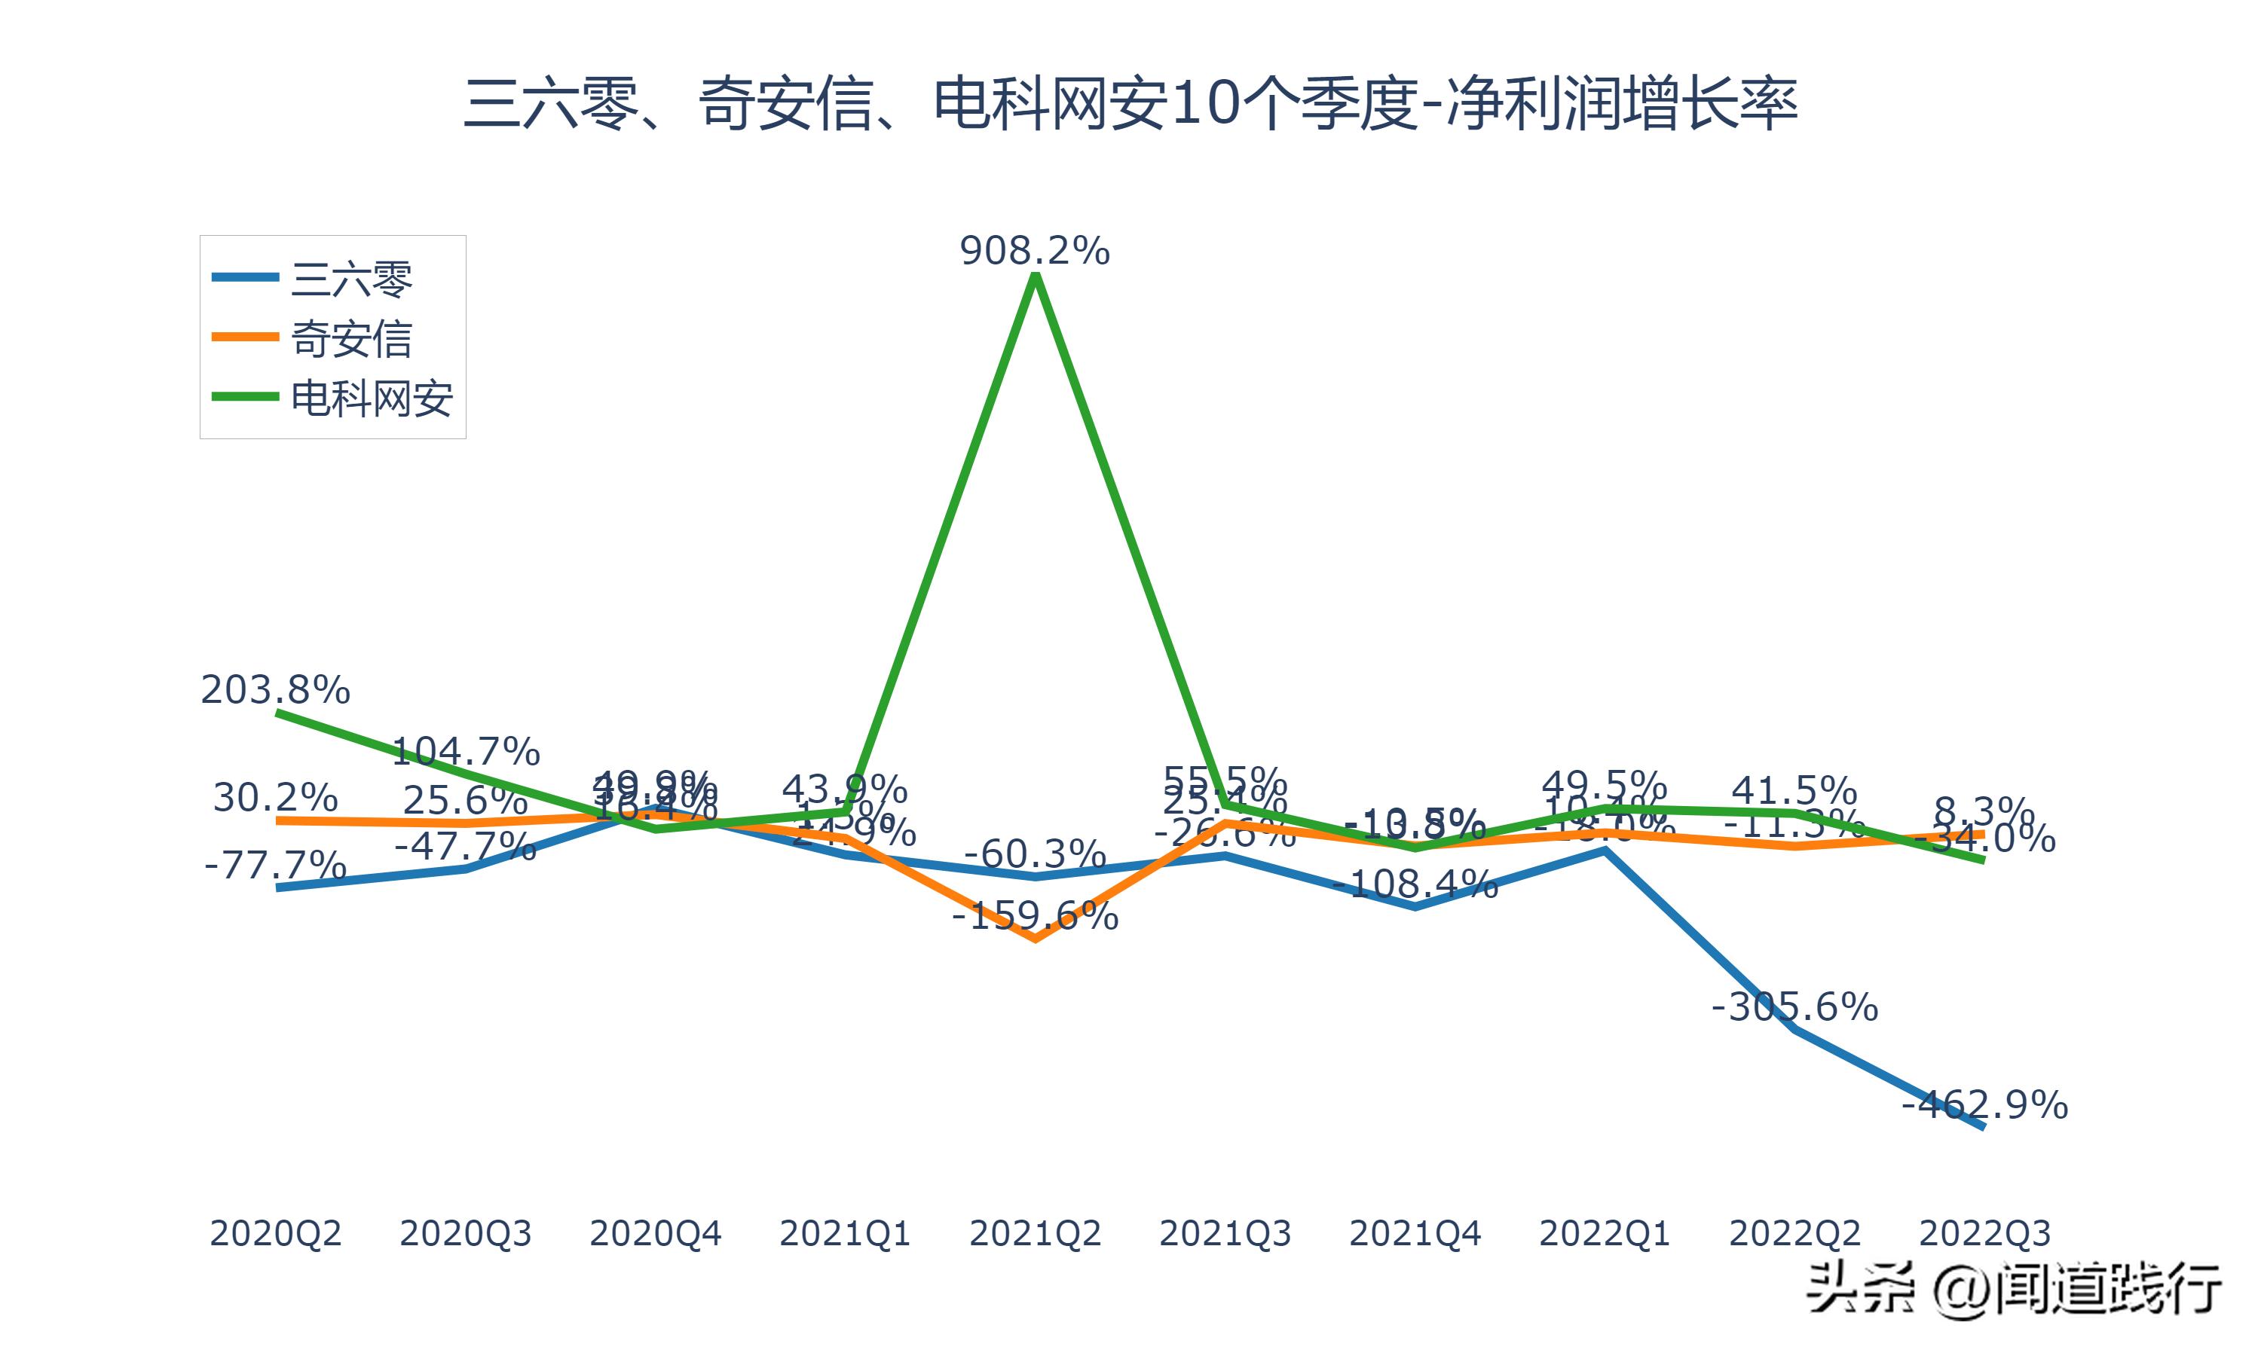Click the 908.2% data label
1035,250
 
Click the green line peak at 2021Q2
1035,278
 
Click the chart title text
1130,103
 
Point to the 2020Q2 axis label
275,1233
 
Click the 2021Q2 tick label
1035,1233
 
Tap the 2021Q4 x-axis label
1415,1233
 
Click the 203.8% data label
275,690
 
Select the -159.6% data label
1035,915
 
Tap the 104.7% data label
465,751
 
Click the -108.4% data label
1415,884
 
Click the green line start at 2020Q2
278,713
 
